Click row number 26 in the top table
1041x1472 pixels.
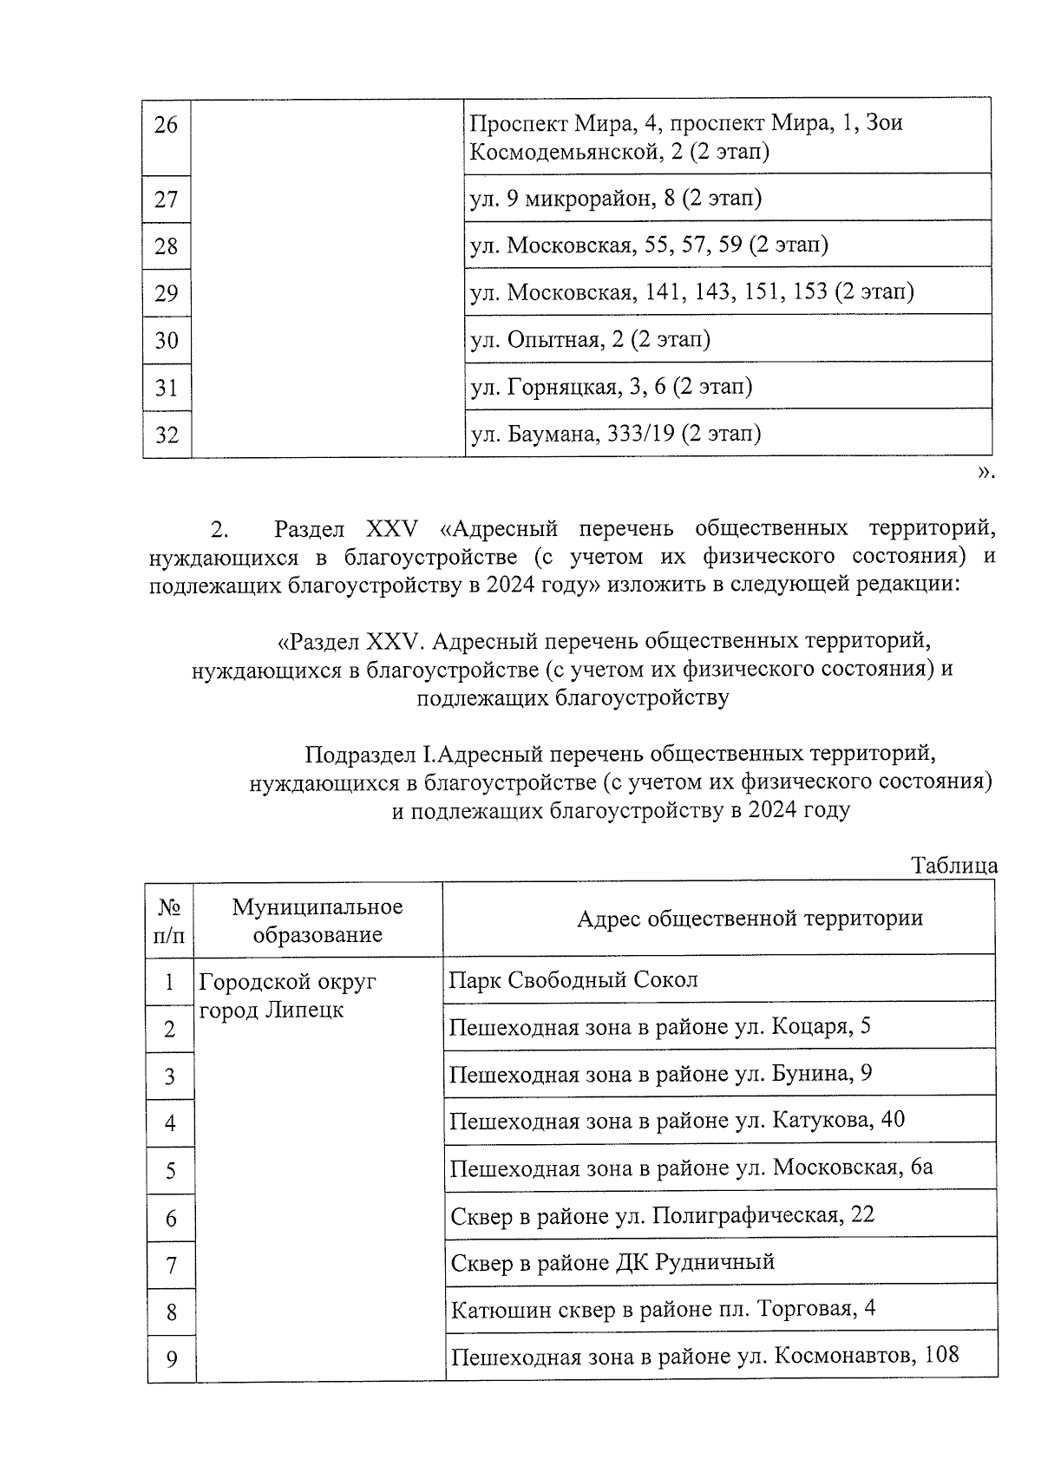click(x=166, y=126)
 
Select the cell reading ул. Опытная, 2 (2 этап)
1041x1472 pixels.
click(x=590, y=339)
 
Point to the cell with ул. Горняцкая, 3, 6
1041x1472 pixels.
click(x=611, y=386)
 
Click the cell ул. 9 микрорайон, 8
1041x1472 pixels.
click(x=615, y=199)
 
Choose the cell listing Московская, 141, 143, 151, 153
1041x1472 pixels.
click(x=691, y=292)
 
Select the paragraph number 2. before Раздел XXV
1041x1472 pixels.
click(x=219, y=529)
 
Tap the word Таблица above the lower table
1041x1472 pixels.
click(x=953, y=866)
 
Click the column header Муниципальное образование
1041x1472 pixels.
click(x=318, y=920)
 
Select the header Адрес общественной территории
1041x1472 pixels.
click(x=750, y=919)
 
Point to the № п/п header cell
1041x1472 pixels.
click(x=170, y=920)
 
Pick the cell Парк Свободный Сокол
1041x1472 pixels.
click(x=573, y=980)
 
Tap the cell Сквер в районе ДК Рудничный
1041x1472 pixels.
click(x=612, y=1262)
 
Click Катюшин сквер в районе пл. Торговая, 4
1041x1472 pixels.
click(x=663, y=1309)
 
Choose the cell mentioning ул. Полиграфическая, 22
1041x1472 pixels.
click(x=662, y=1215)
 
